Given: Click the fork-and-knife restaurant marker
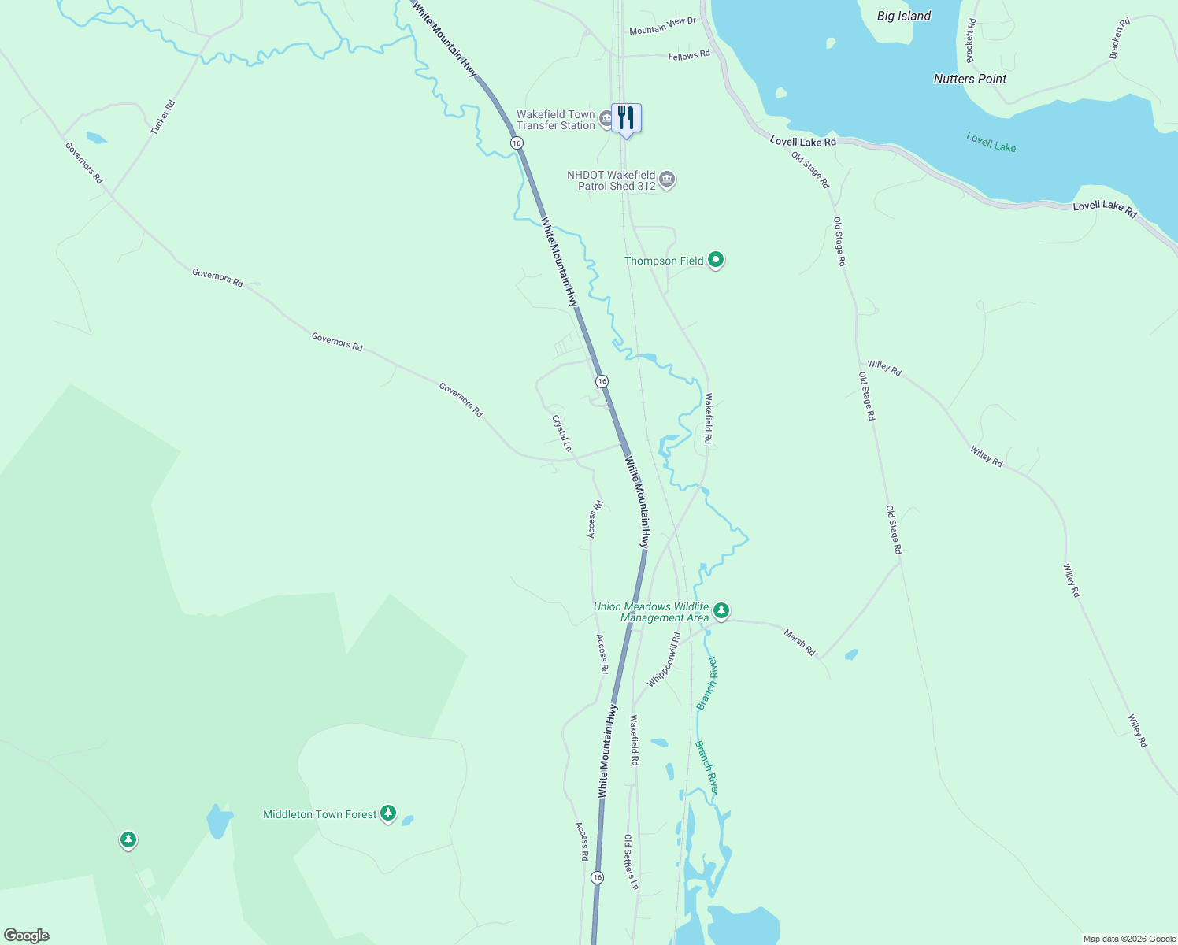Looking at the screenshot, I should click(626, 118).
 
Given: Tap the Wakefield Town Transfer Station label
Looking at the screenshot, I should click(556, 120).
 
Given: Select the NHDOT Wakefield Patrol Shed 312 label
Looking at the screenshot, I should click(611, 180).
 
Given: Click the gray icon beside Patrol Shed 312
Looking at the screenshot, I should click(667, 180).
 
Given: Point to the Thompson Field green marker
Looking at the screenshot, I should click(716, 259).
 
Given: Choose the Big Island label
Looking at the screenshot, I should click(904, 16).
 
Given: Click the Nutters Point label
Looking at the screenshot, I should click(970, 79).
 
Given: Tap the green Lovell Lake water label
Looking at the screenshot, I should click(991, 143).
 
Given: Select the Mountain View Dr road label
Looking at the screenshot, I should click(662, 26).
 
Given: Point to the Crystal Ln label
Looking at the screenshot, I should click(562, 433).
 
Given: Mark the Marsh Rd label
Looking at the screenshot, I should click(800, 642).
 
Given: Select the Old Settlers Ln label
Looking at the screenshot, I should click(631, 862).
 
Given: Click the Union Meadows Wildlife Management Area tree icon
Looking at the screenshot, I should click(721, 610).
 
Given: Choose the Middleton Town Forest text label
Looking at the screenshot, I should click(320, 814).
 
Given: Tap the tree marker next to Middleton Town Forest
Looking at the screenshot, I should click(387, 813).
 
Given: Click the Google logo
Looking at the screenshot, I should click(27, 936).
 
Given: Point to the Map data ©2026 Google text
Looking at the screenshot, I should click(1129, 939).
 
